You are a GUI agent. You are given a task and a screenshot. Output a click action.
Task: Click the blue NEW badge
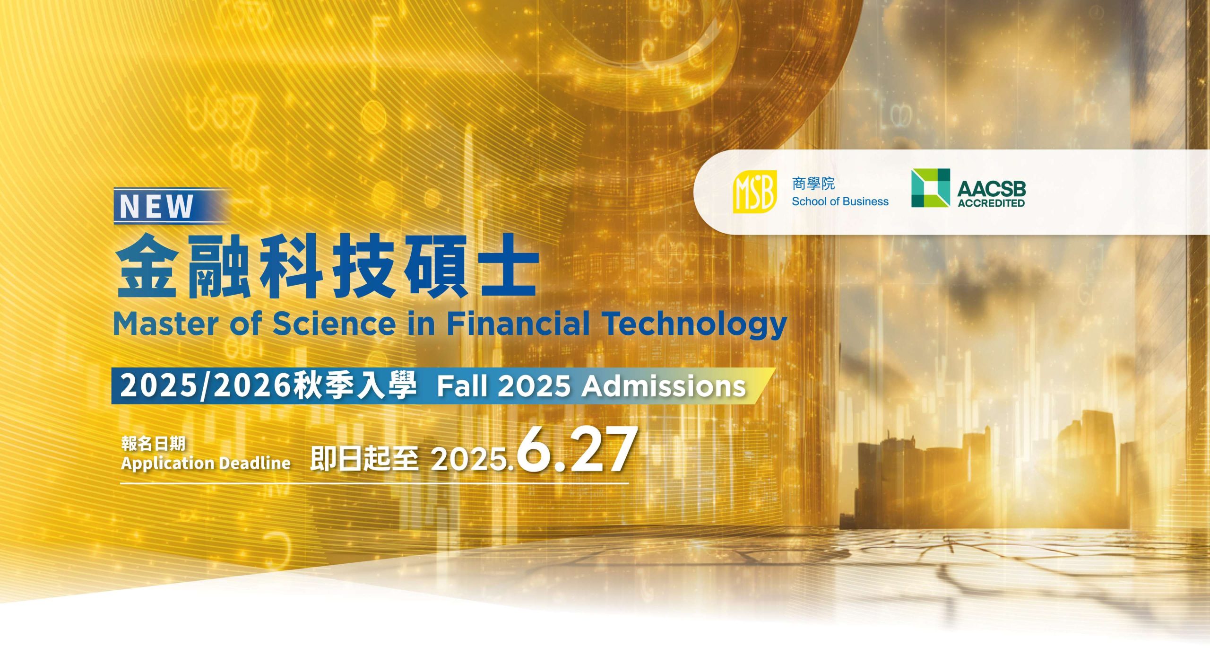pyautogui.click(x=172, y=206)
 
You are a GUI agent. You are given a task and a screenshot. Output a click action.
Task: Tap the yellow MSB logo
pyautogui.click(x=755, y=192)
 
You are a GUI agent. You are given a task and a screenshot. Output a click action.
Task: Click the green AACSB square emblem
pyautogui.click(x=930, y=188)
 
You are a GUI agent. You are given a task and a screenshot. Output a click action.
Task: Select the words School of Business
pyautogui.click(x=840, y=201)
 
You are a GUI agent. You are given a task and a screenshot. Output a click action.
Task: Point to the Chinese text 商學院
pyautogui.click(x=813, y=184)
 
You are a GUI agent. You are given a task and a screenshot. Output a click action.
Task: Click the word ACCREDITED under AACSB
pyautogui.click(x=991, y=203)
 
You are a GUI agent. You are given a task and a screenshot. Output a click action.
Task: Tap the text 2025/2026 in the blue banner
pyautogui.click(x=205, y=386)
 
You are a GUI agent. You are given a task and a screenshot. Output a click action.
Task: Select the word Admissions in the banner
pyautogui.click(x=664, y=386)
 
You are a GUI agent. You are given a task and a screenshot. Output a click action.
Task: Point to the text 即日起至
pyautogui.click(x=364, y=459)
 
